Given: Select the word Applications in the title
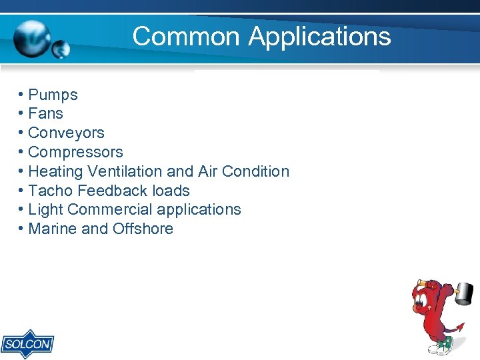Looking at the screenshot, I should (x=319, y=36).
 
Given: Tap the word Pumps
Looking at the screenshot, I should (x=53, y=95).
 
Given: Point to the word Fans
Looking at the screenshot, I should (x=46, y=114).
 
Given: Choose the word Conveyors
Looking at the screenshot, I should (x=67, y=133).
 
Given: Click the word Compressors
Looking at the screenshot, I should (x=76, y=152).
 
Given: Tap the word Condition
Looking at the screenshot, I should (x=256, y=171).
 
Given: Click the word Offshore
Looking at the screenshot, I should (x=143, y=229).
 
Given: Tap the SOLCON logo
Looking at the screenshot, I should (x=27, y=343).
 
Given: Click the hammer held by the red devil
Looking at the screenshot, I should (x=463, y=291).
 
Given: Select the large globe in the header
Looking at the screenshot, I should (x=32, y=38).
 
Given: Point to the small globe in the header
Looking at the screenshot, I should (x=61, y=49).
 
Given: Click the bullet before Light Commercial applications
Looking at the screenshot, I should (x=22, y=209).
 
